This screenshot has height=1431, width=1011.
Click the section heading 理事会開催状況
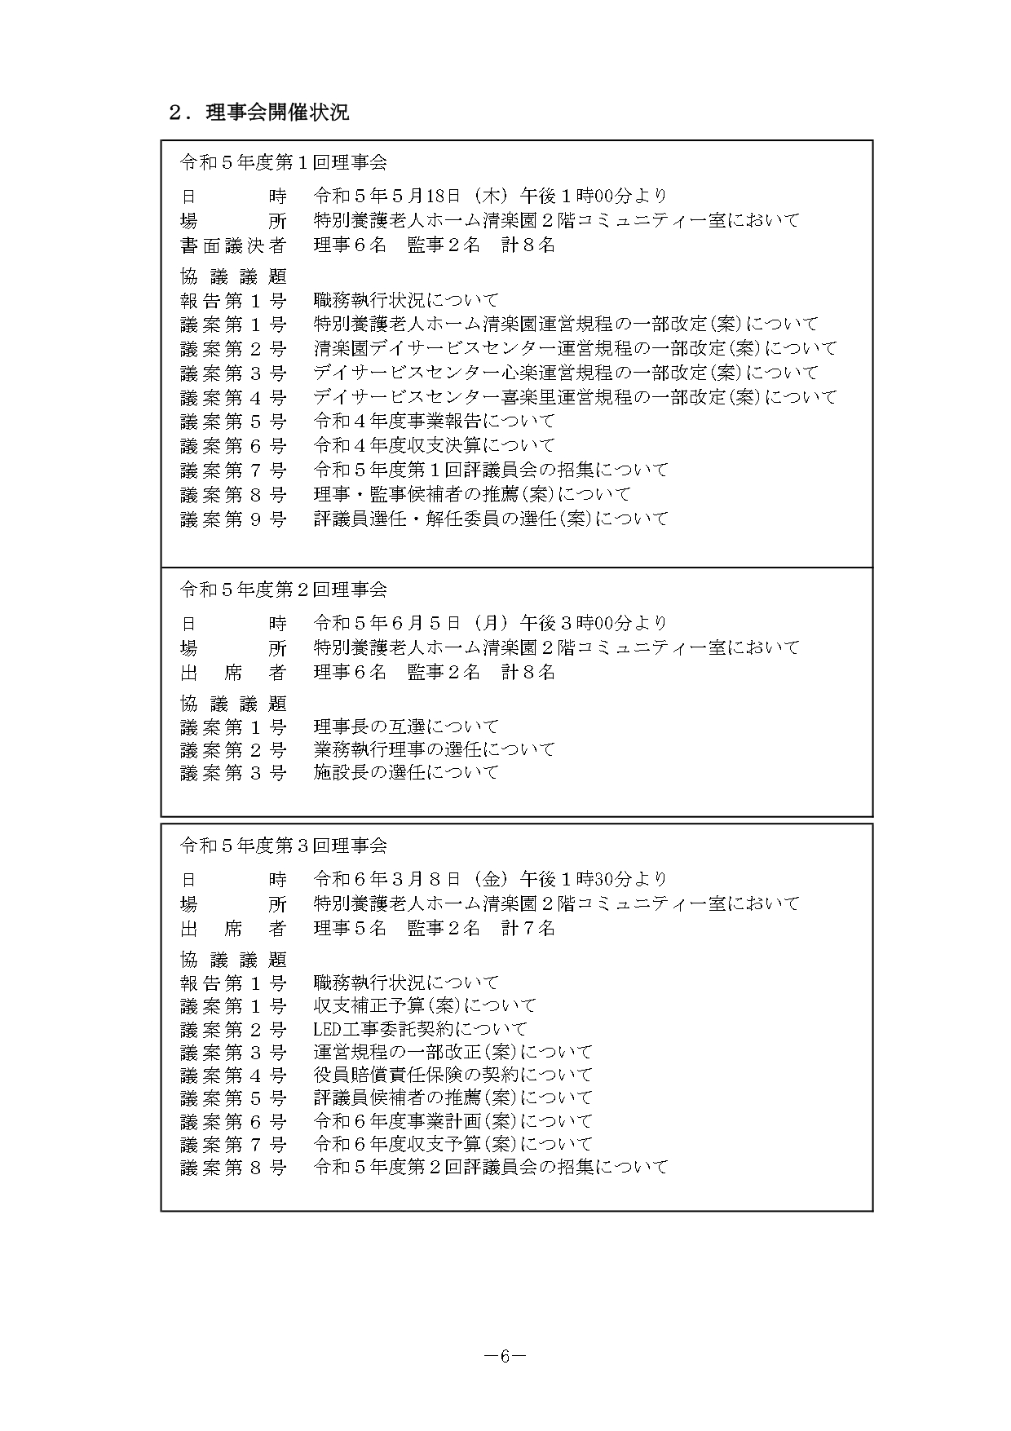click(277, 113)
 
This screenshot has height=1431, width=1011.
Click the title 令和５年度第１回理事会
click(283, 162)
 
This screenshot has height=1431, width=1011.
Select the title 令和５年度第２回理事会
click(283, 590)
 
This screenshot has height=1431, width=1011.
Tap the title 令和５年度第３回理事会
click(283, 846)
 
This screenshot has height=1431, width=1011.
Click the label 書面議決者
click(233, 245)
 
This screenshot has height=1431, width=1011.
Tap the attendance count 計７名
click(528, 928)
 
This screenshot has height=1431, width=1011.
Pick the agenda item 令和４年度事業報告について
click(434, 421)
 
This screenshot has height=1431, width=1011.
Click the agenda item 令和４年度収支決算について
click(434, 445)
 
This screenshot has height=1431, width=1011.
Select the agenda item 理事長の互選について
click(406, 727)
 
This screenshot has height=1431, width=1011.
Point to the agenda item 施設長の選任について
click(406, 772)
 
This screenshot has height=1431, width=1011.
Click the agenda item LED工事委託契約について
click(420, 1029)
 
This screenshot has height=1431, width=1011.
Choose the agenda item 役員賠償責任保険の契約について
click(453, 1075)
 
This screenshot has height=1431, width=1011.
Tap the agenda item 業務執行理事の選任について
click(434, 749)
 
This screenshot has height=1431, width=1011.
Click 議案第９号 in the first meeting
click(233, 519)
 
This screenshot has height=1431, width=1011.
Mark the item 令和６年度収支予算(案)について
click(453, 1144)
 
